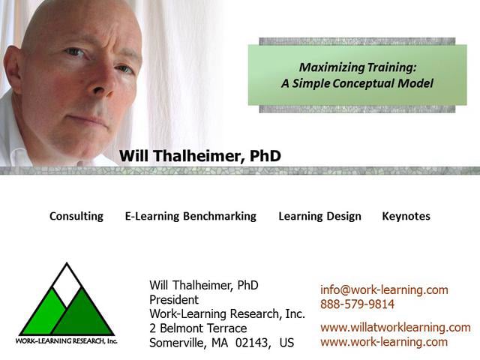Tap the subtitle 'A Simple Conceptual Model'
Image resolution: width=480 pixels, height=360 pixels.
coord(357,83)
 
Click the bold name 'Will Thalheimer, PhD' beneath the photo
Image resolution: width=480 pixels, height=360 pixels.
coord(199,156)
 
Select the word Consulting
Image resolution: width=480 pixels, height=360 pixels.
coord(76,216)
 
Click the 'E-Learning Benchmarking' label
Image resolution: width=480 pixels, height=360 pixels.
coord(190,216)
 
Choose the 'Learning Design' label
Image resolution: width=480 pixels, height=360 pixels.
coord(319,216)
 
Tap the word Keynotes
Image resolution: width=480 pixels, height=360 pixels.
coord(406,216)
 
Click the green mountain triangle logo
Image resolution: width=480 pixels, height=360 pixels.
coord(67,303)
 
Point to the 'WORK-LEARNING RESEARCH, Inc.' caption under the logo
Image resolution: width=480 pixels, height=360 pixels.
coord(67,340)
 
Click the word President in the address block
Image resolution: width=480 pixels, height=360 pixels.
coord(174,300)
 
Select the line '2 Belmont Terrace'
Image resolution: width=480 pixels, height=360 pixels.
coord(198,328)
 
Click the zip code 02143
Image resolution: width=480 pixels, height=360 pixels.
coord(254,343)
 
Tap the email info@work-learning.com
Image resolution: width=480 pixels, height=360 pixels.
coord(384,289)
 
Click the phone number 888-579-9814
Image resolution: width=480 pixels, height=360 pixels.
coord(357,304)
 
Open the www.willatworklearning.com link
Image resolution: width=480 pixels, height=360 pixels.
coord(395,327)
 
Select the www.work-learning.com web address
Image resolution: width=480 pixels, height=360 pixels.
coord(384,342)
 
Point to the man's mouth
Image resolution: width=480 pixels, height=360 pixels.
coord(88,119)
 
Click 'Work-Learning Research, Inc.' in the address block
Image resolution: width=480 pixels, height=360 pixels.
coord(227,314)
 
